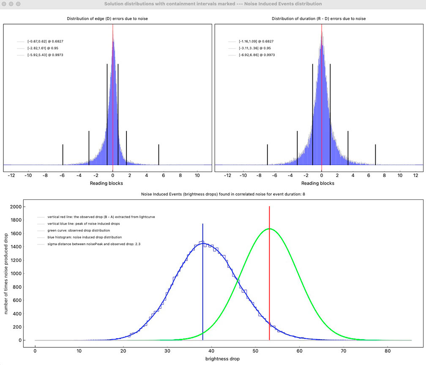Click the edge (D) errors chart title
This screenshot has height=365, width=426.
click(x=107, y=19)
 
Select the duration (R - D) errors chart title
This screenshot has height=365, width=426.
click(x=319, y=19)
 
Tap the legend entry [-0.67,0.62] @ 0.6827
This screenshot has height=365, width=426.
click(x=45, y=41)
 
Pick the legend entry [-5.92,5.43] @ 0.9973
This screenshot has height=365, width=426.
click(x=45, y=55)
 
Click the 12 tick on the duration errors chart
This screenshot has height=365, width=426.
click(x=415, y=175)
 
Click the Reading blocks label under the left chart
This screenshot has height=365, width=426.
click(x=107, y=183)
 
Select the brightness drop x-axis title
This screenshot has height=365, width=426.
click(x=222, y=359)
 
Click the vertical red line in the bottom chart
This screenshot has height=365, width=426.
click(x=269, y=275)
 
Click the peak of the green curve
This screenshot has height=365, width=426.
click(x=269, y=229)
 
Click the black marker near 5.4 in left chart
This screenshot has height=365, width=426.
click(x=158, y=154)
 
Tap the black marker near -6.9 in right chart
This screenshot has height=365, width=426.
click(x=268, y=154)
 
